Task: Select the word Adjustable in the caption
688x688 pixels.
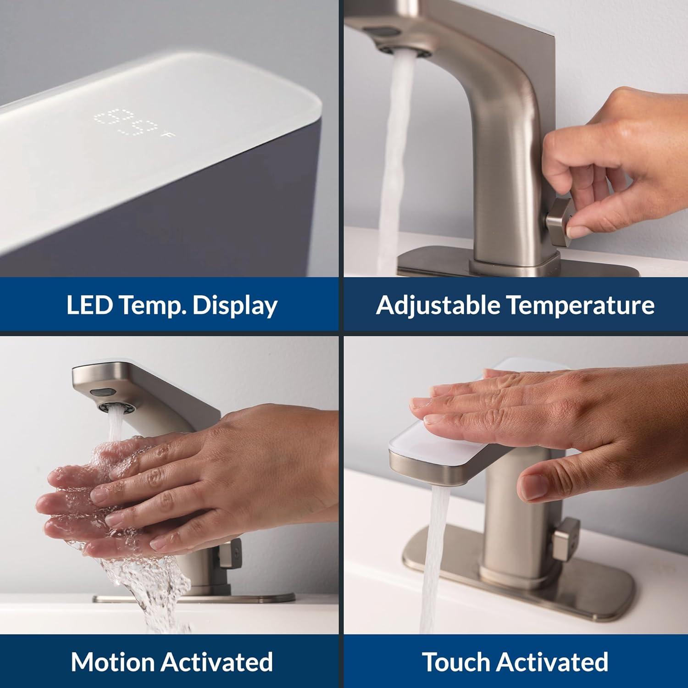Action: pos(438,305)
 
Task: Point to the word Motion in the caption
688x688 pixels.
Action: pos(112,662)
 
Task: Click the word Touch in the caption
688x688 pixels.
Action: pos(456,662)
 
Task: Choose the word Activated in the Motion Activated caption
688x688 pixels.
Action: pos(217,662)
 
